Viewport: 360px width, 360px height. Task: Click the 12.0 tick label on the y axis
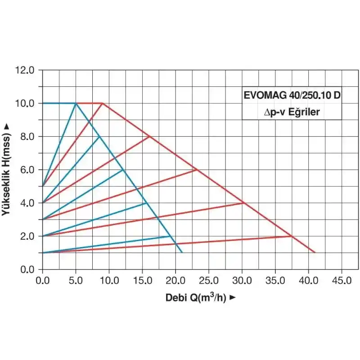[25, 70]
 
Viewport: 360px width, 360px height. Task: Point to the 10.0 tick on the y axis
[25, 103]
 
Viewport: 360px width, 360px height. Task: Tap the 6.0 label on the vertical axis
[27, 170]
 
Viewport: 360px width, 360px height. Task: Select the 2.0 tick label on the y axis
[27, 236]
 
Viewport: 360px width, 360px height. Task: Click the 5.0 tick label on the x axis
[76, 280]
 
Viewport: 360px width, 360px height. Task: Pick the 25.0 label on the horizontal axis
[208, 280]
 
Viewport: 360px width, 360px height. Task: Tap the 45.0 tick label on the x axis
[342, 280]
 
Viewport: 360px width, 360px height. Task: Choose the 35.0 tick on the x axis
[275, 280]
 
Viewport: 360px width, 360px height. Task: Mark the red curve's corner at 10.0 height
[103, 103]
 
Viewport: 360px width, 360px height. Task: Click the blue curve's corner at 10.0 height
[76, 103]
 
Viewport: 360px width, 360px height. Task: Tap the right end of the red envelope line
[315, 252]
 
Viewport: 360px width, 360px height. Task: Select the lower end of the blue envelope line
[182, 252]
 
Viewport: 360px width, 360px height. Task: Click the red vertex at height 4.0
[243, 202]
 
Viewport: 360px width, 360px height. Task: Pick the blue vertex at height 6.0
[123, 170]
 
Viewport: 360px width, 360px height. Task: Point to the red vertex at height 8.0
[149, 136]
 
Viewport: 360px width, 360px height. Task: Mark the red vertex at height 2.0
[292, 236]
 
